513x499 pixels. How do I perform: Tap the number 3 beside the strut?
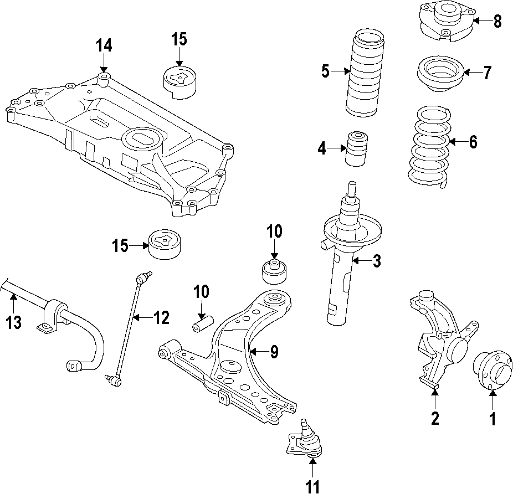click(377, 261)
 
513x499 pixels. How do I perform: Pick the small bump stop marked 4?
click(357, 148)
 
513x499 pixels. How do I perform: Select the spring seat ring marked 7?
click(439, 74)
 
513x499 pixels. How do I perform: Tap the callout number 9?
click(274, 352)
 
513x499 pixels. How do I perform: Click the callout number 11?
click(312, 487)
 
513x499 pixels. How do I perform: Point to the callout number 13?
click(13, 322)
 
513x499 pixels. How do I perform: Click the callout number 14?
click(103, 45)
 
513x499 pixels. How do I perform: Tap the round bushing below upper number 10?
click(274, 270)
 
